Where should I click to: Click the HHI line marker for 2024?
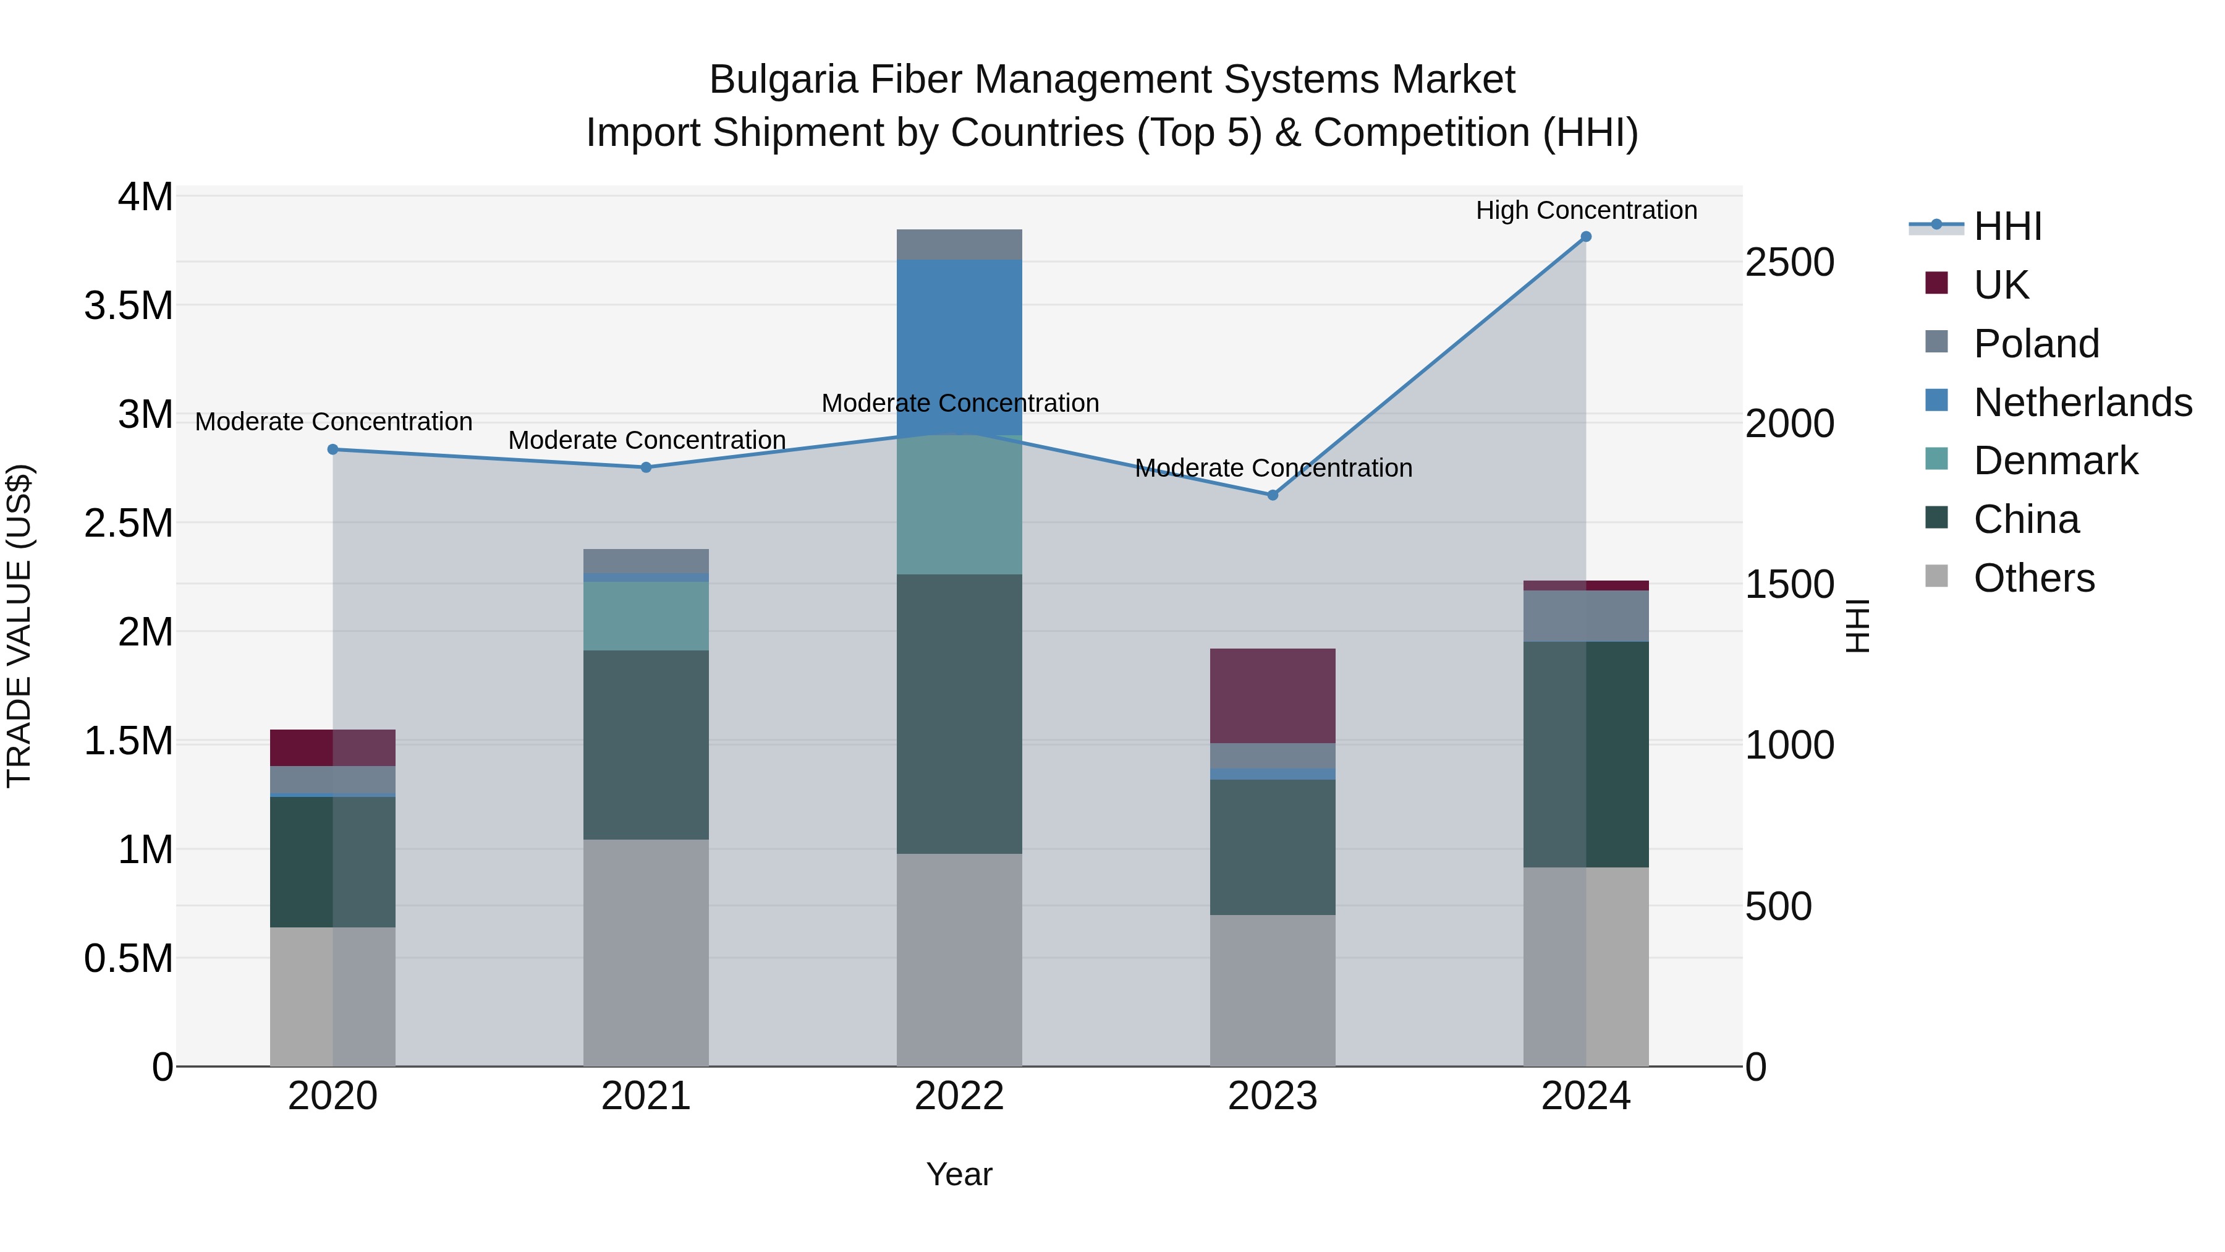point(1586,237)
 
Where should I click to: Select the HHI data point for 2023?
point(1273,495)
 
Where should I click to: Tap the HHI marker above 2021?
point(646,467)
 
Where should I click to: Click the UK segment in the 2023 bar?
point(1273,696)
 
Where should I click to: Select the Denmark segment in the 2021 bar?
point(646,615)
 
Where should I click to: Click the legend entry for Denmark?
point(2055,461)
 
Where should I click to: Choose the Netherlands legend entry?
point(2082,402)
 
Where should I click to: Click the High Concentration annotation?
point(1586,210)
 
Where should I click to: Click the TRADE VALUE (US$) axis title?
point(19,626)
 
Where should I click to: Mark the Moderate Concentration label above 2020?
point(333,422)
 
